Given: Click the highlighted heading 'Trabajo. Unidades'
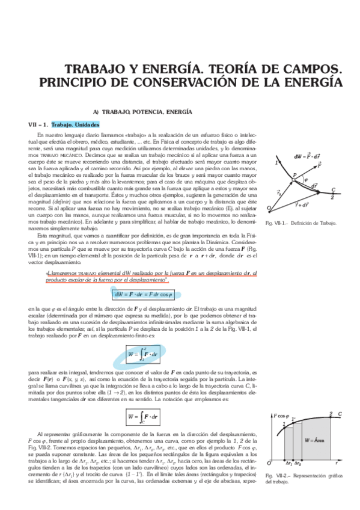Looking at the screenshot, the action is [71, 124].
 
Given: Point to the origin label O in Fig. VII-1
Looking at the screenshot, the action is [269, 208].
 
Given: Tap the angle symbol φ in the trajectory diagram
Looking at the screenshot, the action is [305, 178].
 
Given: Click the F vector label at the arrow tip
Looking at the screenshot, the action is [319, 164].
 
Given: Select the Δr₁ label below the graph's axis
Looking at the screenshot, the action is [289, 464].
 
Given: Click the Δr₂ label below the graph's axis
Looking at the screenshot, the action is [298, 464].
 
